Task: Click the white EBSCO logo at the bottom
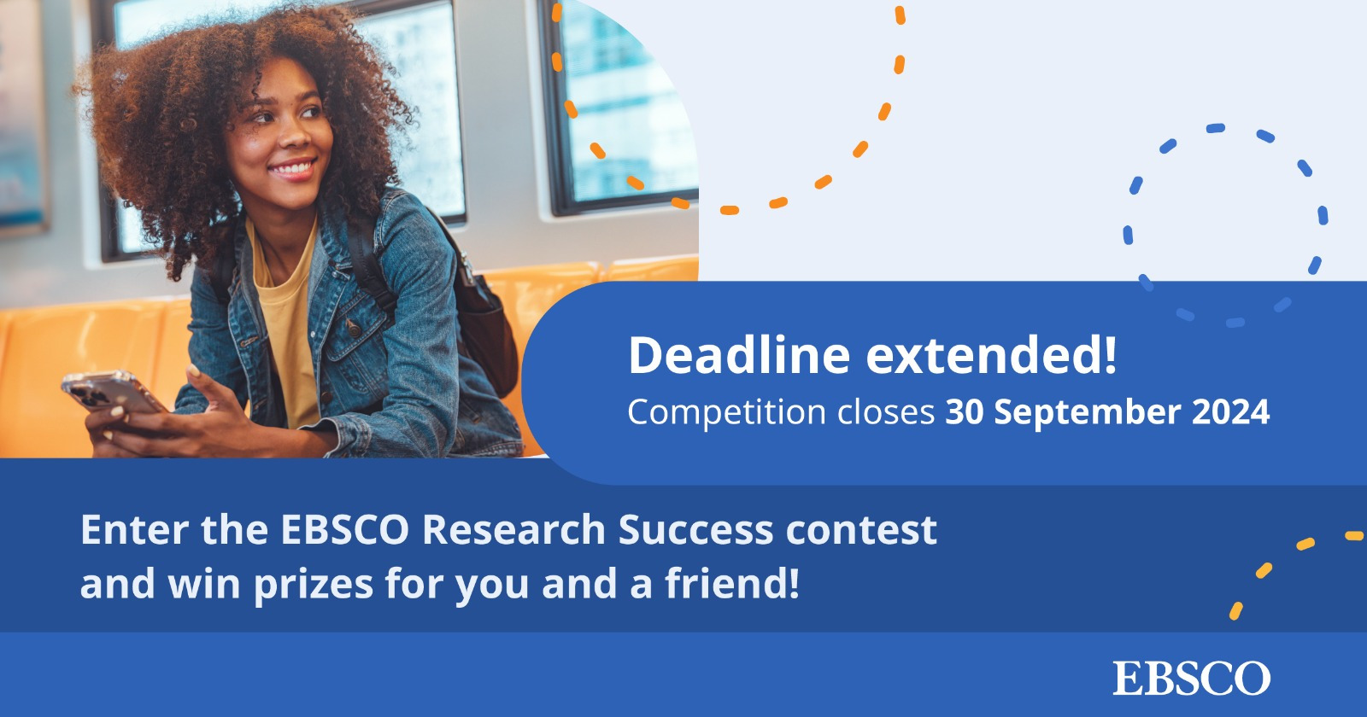click(x=1191, y=679)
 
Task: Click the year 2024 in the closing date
click(x=1230, y=412)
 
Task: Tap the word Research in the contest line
click(x=513, y=530)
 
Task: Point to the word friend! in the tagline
click(x=732, y=584)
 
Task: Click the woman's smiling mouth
click(x=292, y=168)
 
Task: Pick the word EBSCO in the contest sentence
click(x=345, y=530)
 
